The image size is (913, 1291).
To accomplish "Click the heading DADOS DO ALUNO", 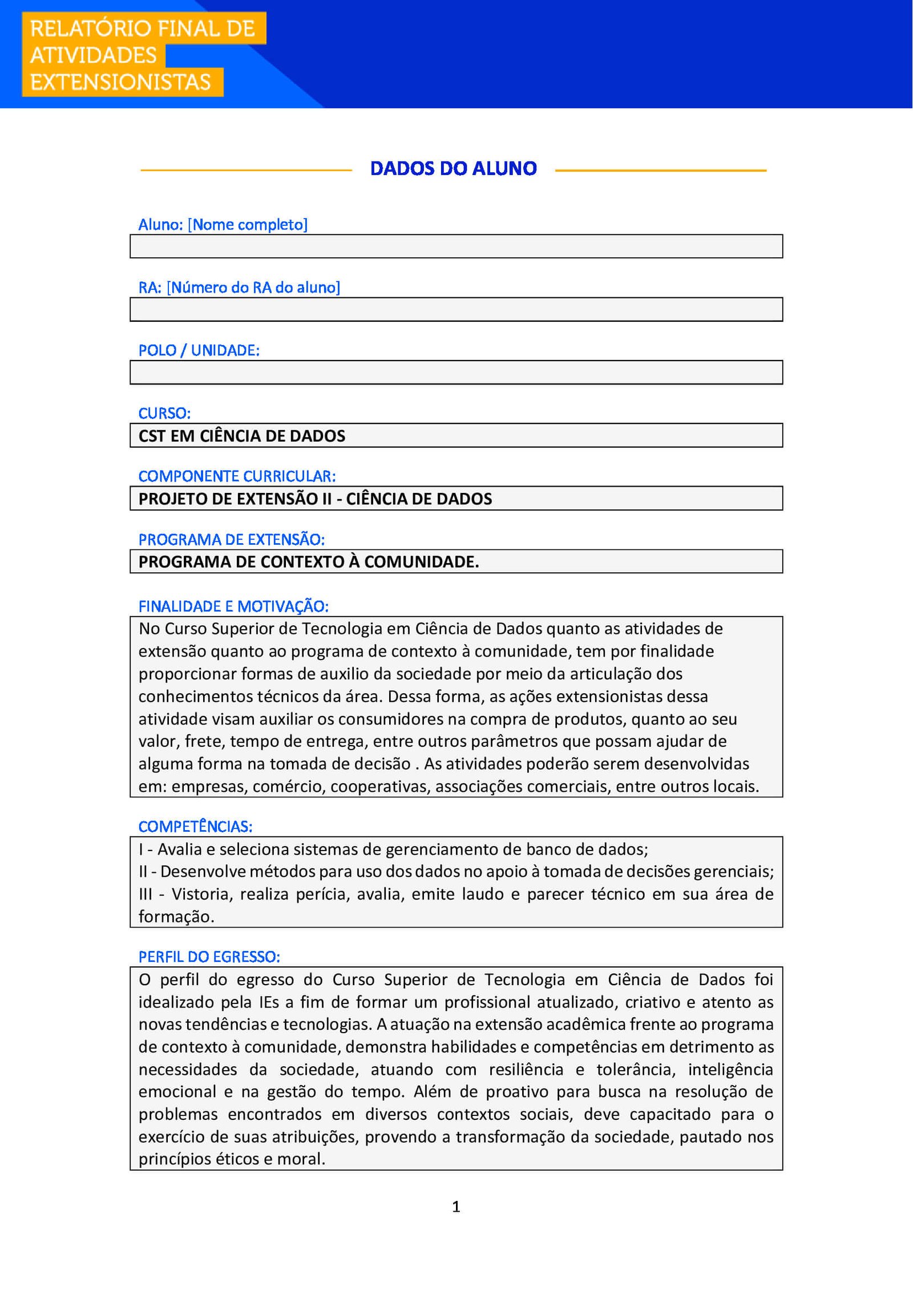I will (x=453, y=169).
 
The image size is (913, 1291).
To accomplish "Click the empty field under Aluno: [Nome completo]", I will (x=456, y=246).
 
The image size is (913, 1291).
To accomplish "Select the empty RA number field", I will (x=456, y=310).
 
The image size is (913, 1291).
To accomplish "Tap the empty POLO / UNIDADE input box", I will (x=456, y=373).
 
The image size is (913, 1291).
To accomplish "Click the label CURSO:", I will (x=164, y=413).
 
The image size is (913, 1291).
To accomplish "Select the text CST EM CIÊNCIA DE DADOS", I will (x=242, y=436).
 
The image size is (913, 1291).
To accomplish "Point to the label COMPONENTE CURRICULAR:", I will (x=237, y=476).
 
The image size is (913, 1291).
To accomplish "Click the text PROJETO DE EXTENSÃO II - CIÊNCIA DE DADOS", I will (x=315, y=499).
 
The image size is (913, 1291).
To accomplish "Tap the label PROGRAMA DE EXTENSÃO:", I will (x=231, y=539).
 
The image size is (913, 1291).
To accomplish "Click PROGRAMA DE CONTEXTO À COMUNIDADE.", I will (x=308, y=562).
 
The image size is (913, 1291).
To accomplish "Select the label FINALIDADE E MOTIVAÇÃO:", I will (x=233, y=606).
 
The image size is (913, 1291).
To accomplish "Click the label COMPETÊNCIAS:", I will (x=195, y=827).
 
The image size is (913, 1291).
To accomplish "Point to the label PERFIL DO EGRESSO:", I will (x=209, y=957).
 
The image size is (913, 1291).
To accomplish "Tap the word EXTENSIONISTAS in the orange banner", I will (x=120, y=83).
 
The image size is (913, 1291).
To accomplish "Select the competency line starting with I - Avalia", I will (x=393, y=849).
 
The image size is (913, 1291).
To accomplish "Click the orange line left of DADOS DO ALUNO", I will (x=246, y=170).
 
